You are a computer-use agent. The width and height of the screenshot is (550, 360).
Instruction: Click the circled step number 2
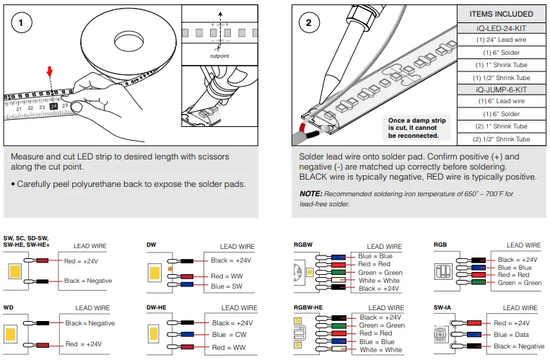[x=309, y=22]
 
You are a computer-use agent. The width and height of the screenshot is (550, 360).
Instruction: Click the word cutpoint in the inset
[x=220, y=55]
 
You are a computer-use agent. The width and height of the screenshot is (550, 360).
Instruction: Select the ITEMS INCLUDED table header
[x=501, y=14]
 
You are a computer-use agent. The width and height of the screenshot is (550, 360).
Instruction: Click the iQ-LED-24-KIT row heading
[x=501, y=27]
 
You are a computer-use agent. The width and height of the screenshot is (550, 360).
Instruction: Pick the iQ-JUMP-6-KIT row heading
[x=501, y=89]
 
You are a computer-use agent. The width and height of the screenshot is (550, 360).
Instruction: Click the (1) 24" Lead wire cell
[x=501, y=40]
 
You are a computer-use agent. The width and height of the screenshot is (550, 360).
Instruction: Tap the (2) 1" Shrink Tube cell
[x=501, y=126]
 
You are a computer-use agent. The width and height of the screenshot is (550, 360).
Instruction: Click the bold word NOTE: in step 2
[x=311, y=193]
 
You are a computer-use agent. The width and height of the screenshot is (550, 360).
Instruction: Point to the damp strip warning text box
[x=413, y=128]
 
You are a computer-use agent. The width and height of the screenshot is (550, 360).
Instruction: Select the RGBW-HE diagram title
[x=308, y=307]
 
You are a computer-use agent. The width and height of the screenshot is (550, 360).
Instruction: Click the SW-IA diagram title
[x=443, y=307]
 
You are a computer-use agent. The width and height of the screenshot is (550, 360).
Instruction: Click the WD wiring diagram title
[x=9, y=307]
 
